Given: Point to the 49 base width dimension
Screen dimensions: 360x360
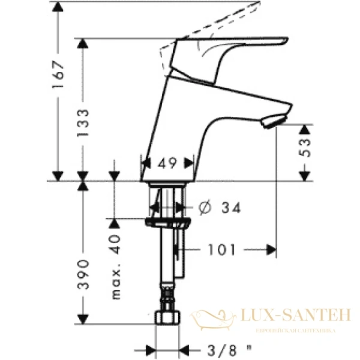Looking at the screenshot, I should pyautogui.click(x=167, y=162).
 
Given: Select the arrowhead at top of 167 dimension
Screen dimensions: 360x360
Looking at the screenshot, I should pyautogui.click(x=58, y=7).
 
